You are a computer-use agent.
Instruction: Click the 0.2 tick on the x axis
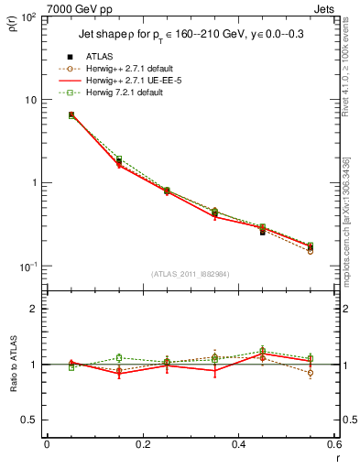pos(142,445)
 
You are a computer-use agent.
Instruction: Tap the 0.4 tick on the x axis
pos(238,445)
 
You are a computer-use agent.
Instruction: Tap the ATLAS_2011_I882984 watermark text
pos(190,274)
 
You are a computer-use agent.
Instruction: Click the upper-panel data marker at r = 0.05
pos(71,115)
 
